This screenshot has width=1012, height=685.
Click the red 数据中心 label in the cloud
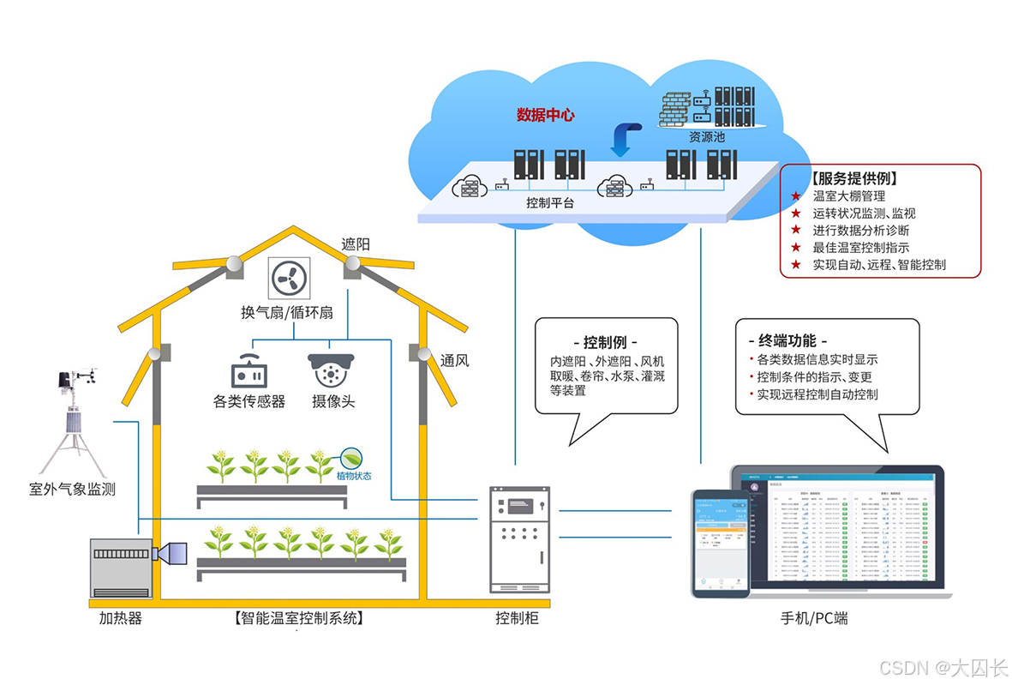[x=545, y=115]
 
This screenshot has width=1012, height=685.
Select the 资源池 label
[x=707, y=136]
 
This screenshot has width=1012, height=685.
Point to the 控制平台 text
[x=550, y=203]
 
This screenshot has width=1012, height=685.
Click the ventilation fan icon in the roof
[x=287, y=278]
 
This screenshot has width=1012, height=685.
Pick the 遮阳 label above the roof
[x=356, y=243]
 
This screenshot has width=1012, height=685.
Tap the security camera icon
[x=331, y=370]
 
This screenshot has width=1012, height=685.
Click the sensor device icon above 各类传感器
[x=249, y=371]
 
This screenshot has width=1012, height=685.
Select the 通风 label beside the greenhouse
[x=455, y=360]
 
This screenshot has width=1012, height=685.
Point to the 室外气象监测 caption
[x=72, y=490]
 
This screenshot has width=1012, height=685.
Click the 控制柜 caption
[x=517, y=617]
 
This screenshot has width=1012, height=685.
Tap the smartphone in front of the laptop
[x=721, y=542]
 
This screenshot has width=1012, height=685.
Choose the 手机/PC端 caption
[x=814, y=617]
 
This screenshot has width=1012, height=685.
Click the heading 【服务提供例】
[x=853, y=179]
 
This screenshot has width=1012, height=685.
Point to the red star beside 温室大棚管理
[x=796, y=197]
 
